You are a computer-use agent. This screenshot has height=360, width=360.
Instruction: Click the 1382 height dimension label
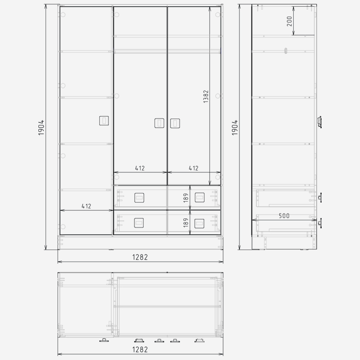(206, 96)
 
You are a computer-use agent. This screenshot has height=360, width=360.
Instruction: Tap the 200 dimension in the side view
(289, 21)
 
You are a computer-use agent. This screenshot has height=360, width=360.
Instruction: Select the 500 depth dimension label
(284, 216)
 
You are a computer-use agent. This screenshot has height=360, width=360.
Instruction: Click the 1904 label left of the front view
(41, 128)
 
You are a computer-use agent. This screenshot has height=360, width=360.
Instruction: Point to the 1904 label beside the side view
(235, 128)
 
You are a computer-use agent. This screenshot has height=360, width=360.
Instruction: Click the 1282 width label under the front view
(140, 257)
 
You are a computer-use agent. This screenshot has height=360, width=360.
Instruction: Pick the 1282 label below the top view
(140, 349)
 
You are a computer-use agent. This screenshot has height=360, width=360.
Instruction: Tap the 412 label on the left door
(86, 206)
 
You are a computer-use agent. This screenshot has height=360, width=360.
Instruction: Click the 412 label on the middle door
(140, 168)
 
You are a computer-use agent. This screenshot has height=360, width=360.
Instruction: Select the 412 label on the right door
(193, 168)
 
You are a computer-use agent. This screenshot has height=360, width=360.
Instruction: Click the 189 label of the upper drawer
(186, 198)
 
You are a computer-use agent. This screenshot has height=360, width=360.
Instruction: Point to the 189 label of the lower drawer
(186, 223)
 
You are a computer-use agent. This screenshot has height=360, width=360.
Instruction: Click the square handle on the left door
(104, 121)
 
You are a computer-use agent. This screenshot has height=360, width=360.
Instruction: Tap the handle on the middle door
(159, 123)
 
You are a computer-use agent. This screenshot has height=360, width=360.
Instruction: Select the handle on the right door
(175, 123)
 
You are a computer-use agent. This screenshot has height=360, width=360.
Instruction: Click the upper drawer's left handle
(139, 198)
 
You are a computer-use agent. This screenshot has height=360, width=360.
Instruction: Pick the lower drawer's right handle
(199, 224)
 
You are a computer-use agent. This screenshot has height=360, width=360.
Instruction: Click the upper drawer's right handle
(200, 197)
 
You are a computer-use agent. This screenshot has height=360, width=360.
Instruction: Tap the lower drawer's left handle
(139, 223)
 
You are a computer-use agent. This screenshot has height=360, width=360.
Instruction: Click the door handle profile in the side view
(319, 122)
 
